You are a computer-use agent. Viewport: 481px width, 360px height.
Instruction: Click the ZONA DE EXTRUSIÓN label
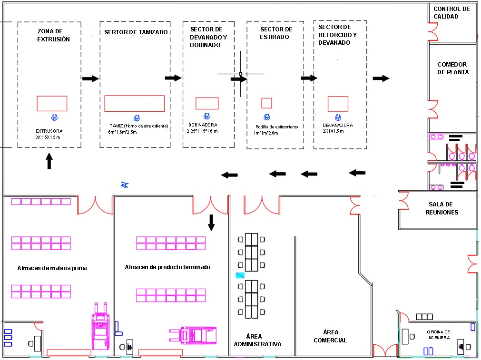[53, 35]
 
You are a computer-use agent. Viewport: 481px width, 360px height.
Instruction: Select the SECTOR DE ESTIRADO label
[276, 33]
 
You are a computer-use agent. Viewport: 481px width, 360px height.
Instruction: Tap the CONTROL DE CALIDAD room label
[451, 12]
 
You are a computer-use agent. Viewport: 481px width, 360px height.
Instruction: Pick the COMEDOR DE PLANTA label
[453, 68]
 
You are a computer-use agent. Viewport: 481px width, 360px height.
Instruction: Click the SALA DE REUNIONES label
[442, 208]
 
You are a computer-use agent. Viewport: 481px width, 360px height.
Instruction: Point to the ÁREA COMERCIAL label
[330, 336]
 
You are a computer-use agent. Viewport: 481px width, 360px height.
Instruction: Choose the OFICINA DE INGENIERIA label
[438, 334]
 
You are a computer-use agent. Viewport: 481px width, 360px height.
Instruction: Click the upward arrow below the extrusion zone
[49, 161]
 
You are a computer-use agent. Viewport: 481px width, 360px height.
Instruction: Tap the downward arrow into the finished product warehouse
[211, 223]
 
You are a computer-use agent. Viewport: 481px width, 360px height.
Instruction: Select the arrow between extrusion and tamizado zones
[90, 78]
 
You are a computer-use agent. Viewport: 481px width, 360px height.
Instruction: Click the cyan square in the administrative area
[240, 275]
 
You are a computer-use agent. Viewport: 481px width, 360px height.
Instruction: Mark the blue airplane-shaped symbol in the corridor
[125, 185]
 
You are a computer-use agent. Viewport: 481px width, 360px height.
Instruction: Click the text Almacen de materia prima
[52, 268]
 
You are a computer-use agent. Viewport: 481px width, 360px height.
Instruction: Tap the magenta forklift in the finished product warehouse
[193, 334]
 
